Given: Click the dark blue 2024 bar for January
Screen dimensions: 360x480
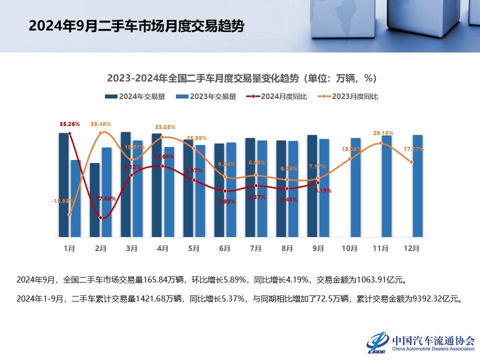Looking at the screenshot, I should click(x=63, y=185).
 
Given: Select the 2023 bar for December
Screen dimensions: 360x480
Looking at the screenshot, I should click(x=417, y=186).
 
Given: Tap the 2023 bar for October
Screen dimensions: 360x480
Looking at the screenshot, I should click(x=355, y=187).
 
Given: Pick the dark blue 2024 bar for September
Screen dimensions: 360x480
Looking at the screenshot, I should click(x=312, y=186).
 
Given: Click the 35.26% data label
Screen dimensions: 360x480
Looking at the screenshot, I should click(x=69, y=123).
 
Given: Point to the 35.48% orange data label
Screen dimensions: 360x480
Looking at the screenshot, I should click(x=100, y=123).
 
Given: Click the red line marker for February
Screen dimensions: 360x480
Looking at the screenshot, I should click(x=101, y=217).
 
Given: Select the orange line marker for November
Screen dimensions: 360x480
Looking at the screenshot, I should click(x=381, y=143).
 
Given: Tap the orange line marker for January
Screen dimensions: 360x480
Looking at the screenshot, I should click(x=69, y=214).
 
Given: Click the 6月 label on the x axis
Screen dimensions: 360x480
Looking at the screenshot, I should click(x=225, y=248).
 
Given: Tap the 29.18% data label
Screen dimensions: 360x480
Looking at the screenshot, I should click(x=383, y=133).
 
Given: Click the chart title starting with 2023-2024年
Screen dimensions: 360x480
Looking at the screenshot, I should click(x=241, y=78).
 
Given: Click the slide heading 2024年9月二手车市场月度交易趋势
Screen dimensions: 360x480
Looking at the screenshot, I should click(x=136, y=26).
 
